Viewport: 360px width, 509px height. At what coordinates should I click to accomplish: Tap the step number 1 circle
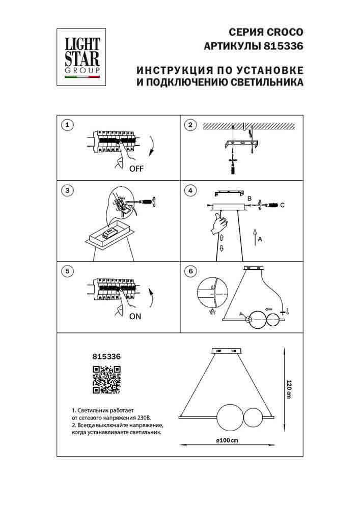67,125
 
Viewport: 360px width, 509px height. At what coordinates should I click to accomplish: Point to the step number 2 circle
190,125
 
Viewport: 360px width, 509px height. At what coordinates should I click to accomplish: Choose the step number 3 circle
67,191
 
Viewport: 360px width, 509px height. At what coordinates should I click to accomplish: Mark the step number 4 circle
190,191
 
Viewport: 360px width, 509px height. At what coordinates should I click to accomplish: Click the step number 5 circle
67,271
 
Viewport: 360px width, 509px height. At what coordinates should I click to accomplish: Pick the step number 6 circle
190,271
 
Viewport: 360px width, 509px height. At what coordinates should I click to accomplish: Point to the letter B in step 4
250,198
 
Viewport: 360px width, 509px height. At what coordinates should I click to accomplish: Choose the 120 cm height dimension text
289,389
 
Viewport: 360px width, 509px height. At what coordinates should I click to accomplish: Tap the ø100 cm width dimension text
227,440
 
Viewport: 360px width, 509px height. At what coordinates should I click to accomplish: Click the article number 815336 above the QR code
106,357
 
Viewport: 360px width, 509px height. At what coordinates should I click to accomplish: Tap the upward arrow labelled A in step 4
254,237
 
